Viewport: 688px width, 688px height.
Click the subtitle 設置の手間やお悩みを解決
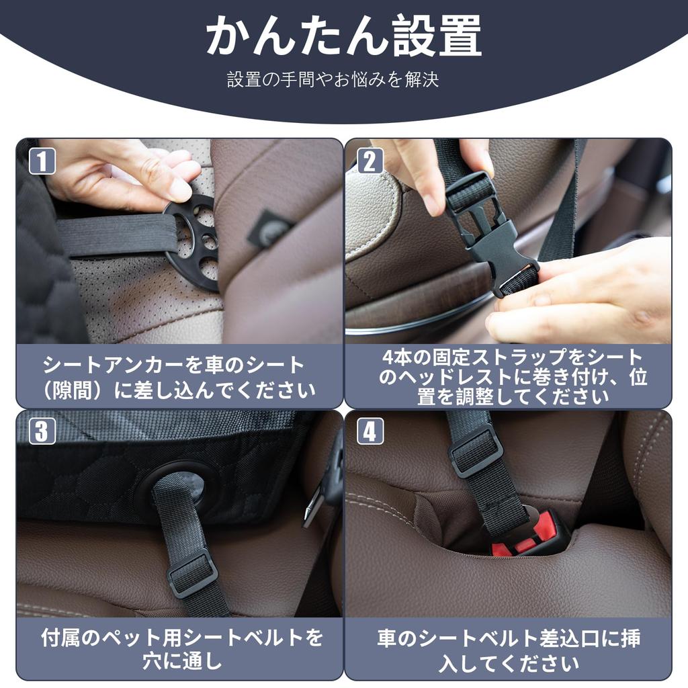click(333, 80)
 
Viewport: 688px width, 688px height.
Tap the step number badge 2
click(370, 161)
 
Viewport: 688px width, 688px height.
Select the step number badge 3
click(41, 431)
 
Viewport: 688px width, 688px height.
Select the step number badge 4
click(370, 431)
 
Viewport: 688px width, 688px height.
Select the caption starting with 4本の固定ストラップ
click(508, 376)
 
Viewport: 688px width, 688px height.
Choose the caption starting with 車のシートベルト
click(508, 649)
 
